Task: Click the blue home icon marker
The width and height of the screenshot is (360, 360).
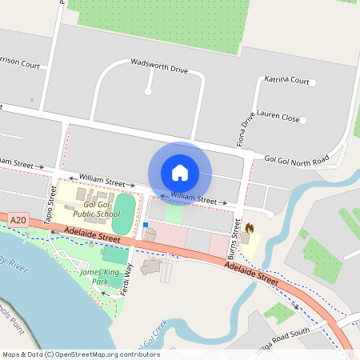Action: coord(180,173)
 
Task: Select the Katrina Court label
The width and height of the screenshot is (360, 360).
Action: coord(286,81)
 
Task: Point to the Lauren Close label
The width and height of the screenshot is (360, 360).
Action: coord(278,118)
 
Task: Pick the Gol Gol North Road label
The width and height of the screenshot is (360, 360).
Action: coord(297,161)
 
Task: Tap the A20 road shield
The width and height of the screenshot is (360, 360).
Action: coord(18,219)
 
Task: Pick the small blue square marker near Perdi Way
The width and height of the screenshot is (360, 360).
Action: coord(146,225)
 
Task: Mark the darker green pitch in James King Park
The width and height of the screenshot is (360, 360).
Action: coord(115,255)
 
